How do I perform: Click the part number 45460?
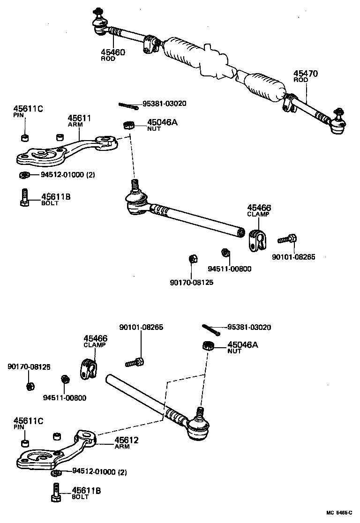(112, 52)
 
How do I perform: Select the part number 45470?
(306, 74)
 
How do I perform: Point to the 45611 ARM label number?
(79, 118)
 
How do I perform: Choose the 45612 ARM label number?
(127, 441)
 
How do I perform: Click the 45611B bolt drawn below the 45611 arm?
(25, 197)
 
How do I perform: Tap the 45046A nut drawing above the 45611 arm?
(128, 125)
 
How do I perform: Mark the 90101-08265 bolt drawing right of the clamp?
(285, 239)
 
